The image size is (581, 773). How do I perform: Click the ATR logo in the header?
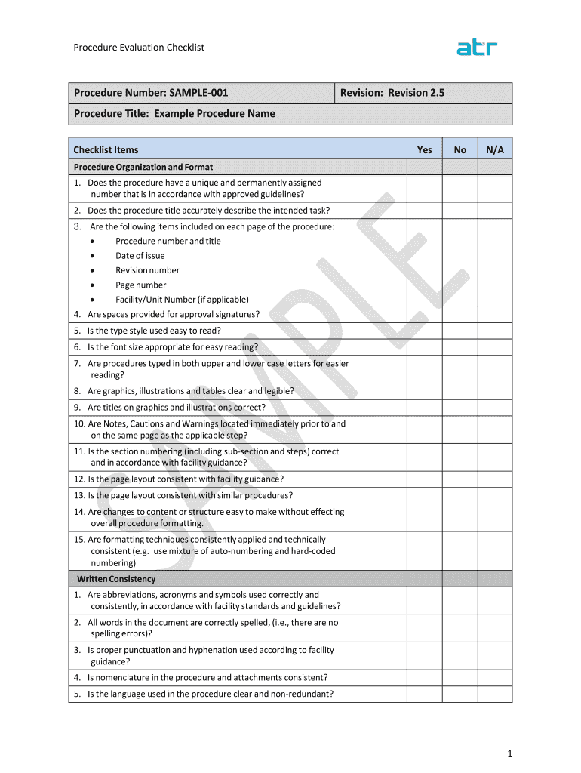[x=477, y=48]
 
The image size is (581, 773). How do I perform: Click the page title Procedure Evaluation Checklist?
[x=139, y=48]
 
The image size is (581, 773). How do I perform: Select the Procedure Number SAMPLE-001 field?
[x=151, y=93]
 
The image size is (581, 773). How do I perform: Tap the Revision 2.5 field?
[x=392, y=93]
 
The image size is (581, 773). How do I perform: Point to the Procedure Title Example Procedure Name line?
[x=174, y=114]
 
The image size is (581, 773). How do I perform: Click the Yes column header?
[x=425, y=149]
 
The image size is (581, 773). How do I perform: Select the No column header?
[x=460, y=149]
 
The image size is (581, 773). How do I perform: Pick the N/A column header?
[x=495, y=149]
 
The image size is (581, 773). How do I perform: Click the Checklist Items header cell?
[x=106, y=149]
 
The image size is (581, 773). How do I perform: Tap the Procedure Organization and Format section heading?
[x=143, y=167]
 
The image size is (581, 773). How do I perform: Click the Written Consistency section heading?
[x=116, y=579]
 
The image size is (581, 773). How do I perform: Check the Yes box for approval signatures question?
[x=425, y=315]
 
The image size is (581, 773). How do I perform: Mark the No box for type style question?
[x=460, y=331]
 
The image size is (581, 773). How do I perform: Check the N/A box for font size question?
[x=495, y=347]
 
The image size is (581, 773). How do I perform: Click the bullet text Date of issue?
[x=140, y=256]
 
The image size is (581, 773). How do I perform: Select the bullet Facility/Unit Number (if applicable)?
[x=182, y=300]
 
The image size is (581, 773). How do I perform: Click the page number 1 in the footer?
[x=510, y=753]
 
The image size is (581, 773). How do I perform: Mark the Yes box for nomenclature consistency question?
[x=425, y=678]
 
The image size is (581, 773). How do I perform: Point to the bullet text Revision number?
[x=147, y=270]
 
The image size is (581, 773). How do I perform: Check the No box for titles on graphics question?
[x=460, y=408]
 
